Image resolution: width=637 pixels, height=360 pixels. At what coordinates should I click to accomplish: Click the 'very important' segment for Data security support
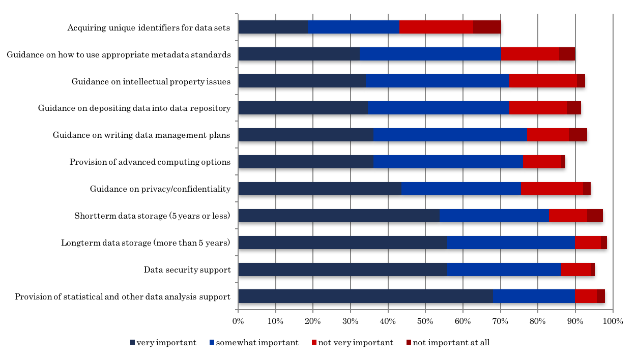pyautogui.click(x=342, y=269)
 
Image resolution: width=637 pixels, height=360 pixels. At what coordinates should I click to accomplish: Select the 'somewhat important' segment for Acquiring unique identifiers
pyautogui.click(x=354, y=27)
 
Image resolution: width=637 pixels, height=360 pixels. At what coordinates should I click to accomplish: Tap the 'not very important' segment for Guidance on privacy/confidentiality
pyautogui.click(x=552, y=189)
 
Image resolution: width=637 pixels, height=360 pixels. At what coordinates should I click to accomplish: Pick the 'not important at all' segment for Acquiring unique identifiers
pyautogui.click(x=487, y=27)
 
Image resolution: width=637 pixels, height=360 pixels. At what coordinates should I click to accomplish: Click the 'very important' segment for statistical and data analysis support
pyautogui.click(x=365, y=296)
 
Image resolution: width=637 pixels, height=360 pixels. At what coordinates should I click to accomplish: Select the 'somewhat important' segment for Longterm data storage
pyautogui.click(x=511, y=243)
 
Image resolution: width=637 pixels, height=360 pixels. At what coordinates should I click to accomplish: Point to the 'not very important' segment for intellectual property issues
pyautogui.click(x=543, y=81)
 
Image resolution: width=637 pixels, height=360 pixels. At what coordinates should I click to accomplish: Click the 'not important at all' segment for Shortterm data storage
pyautogui.click(x=595, y=216)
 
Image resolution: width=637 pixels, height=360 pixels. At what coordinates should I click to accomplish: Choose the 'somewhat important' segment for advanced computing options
pyautogui.click(x=448, y=162)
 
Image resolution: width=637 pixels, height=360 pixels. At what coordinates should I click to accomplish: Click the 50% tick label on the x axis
pyautogui.click(x=425, y=321)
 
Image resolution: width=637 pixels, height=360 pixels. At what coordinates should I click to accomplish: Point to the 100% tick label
pyautogui.click(x=613, y=321)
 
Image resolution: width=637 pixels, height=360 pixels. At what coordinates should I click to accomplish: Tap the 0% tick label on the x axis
pyautogui.click(x=238, y=321)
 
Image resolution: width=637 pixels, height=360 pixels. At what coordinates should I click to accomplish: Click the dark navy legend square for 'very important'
pyautogui.click(x=133, y=343)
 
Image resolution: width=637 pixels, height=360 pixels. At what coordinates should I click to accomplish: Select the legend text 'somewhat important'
pyautogui.click(x=257, y=343)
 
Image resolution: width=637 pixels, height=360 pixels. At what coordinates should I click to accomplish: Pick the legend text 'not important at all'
pyautogui.click(x=451, y=343)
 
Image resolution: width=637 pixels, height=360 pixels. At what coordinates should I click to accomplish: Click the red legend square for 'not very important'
pyautogui.click(x=314, y=343)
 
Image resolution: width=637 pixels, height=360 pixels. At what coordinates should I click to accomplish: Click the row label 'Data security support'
pyautogui.click(x=187, y=269)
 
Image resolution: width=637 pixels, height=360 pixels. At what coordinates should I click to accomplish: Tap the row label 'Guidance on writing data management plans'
pyautogui.click(x=141, y=135)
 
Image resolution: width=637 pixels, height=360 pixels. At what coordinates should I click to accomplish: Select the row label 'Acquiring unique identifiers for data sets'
pyautogui.click(x=149, y=27)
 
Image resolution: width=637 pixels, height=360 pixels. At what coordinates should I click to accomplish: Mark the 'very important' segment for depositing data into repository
pyautogui.click(x=303, y=108)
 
